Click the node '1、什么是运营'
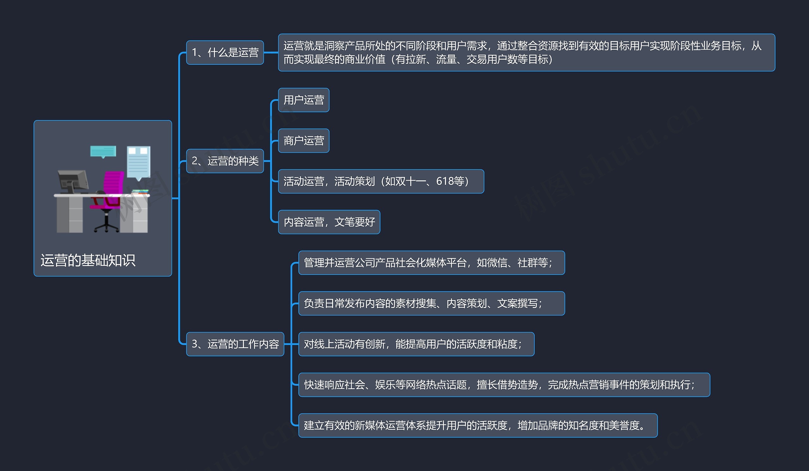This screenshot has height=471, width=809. tap(225, 52)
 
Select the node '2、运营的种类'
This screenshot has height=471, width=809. tap(225, 161)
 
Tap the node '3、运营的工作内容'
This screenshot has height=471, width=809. tap(235, 344)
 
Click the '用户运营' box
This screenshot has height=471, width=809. tap(303, 100)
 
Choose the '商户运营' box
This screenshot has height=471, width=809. tap(303, 141)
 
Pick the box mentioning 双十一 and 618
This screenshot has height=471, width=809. tap(381, 181)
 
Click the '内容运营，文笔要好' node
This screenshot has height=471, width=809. tap(329, 222)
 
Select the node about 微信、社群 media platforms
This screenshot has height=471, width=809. tap(431, 263)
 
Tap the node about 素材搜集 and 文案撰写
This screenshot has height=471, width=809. tap(431, 303)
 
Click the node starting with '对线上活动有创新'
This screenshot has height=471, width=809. tap(416, 344)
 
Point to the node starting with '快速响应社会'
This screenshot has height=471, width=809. tap(504, 385)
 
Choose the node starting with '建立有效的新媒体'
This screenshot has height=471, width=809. tap(478, 426)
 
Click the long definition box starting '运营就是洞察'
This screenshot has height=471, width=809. tap(526, 52)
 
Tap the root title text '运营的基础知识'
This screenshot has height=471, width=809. tap(88, 260)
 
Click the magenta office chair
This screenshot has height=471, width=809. tap(111, 192)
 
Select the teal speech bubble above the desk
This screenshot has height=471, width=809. tap(103, 151)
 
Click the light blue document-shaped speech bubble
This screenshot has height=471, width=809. tap(139, 162)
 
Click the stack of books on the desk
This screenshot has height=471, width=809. tap(141, 191)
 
